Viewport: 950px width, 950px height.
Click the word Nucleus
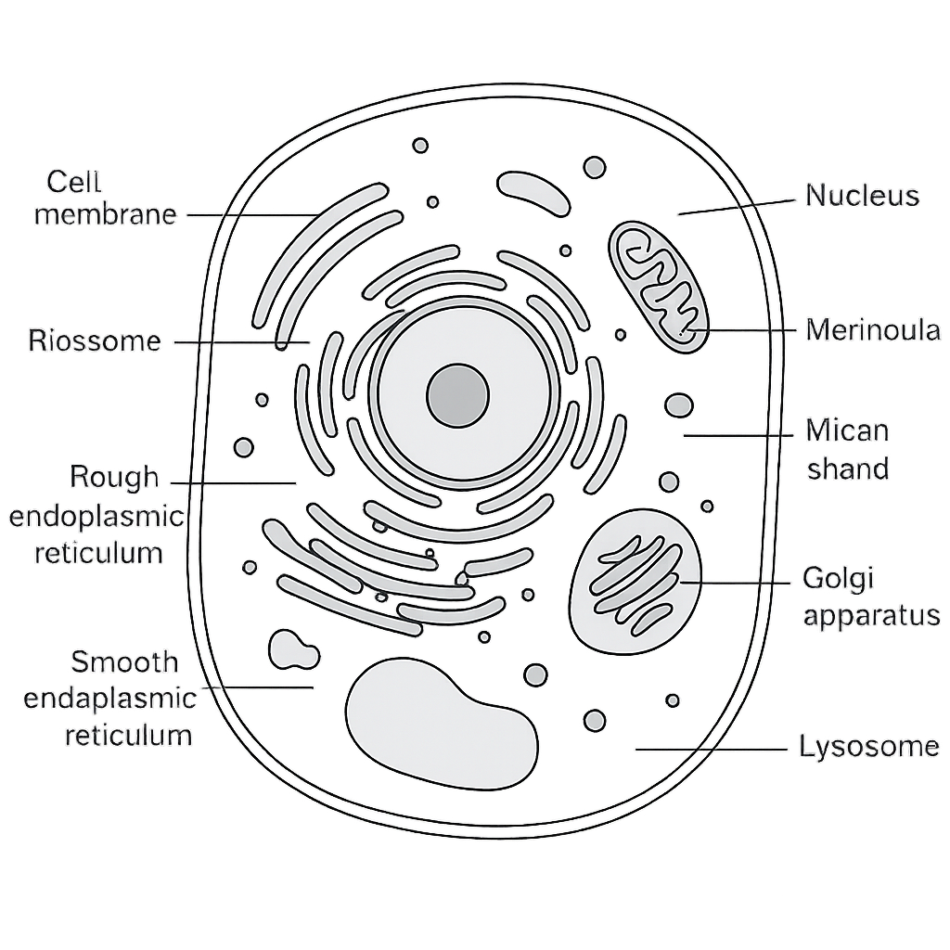coord(862,196)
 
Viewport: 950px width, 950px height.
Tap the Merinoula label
coord(873,330)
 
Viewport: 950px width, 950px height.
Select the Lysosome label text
coord(868,747)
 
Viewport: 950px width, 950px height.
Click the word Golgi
coord(839,579)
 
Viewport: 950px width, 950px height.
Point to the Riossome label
coord(95,340)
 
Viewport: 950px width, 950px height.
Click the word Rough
coord(114,477)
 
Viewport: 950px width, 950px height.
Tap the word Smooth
coord(124,661)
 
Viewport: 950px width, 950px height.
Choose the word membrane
coord(106,214)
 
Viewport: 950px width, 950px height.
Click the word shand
coord(848,469)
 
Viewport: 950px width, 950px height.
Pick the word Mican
coord(847,430)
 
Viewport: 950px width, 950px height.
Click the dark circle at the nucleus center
coord(457,395)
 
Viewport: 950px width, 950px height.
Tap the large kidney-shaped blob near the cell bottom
coord(442,724)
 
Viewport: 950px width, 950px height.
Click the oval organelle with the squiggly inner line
coord(658,287)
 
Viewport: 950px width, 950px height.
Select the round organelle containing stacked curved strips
coord(635,582)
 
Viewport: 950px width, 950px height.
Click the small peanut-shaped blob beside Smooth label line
coord(293,649)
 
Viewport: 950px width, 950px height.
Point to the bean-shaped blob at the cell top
coord(533,193)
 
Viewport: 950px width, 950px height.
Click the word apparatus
coord(871,616)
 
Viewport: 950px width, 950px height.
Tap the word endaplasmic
coord(109,699)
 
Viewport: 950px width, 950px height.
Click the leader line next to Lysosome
coord(712,750)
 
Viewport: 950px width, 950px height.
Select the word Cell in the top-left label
coord(73,181)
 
